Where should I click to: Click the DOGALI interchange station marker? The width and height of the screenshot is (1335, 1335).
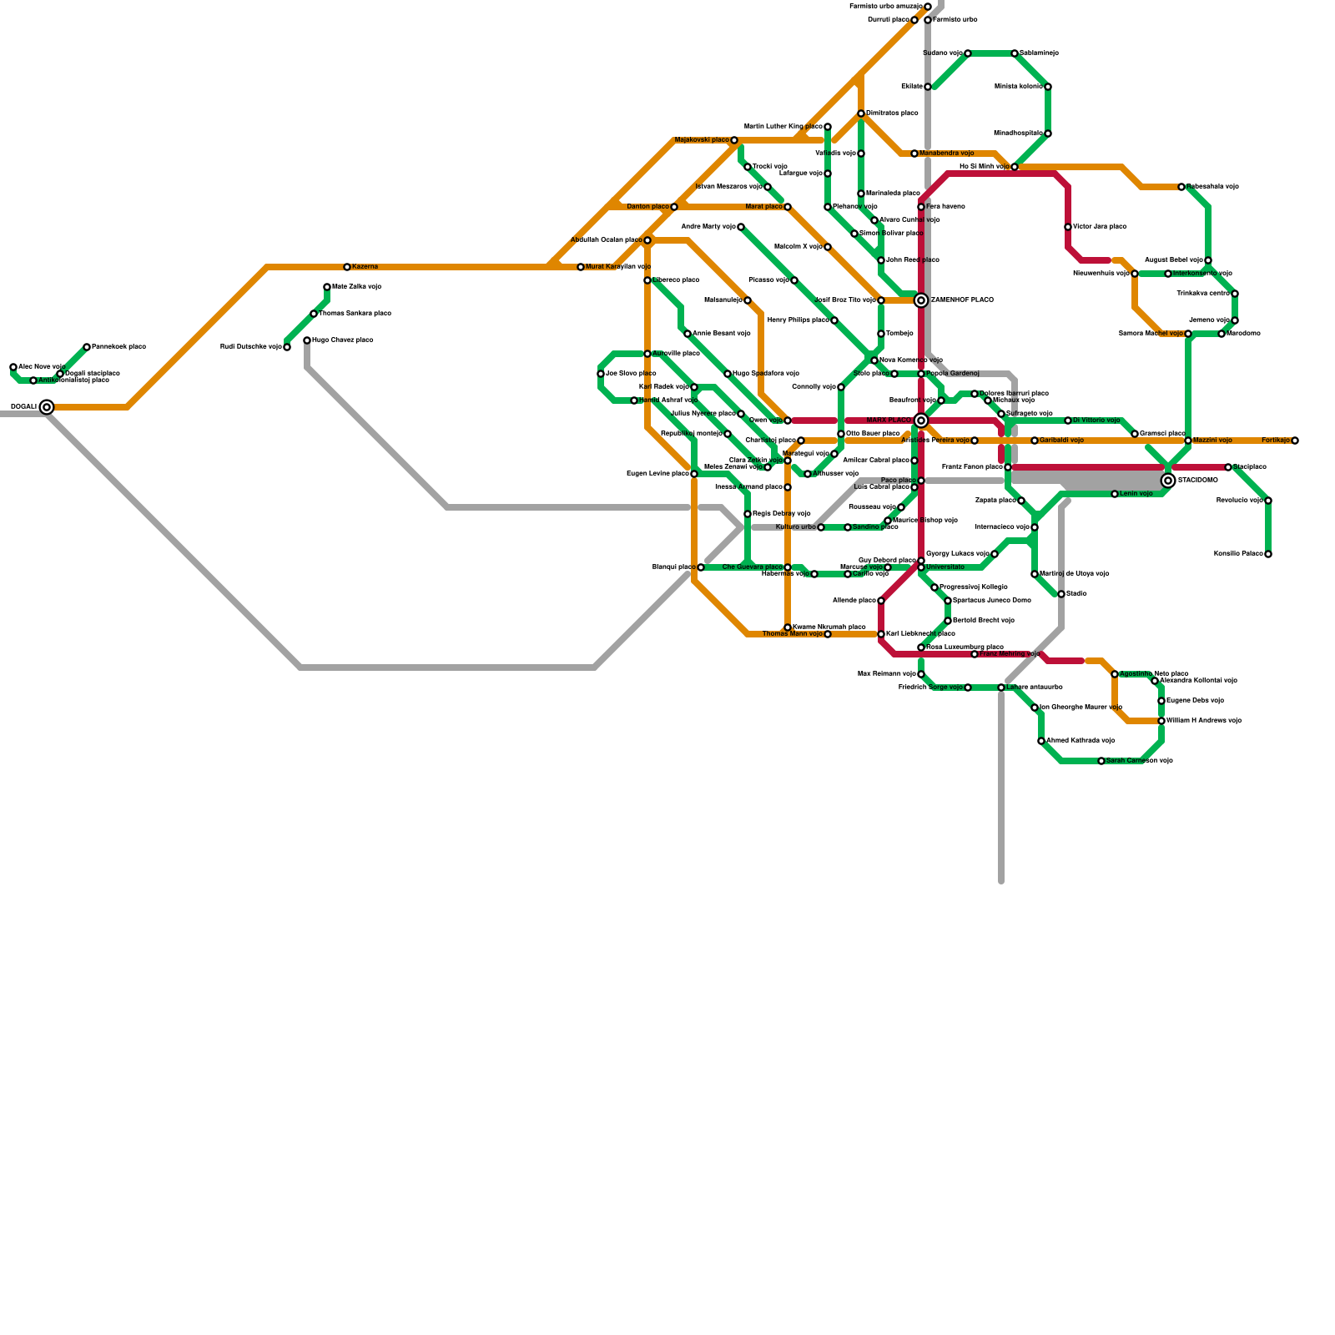tap(47, 407)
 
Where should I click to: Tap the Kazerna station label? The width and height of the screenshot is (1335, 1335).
tap(365, 267)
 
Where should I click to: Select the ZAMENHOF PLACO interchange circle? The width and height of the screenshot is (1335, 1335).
tap(921, 300)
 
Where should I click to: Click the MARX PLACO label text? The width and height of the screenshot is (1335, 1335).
tap(889, 421)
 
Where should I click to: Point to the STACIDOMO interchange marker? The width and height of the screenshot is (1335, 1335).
tap(1168, 481)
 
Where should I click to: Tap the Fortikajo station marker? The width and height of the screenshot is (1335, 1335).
tap(1295, 441)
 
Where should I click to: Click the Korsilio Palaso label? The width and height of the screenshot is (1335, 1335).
tap(1238, 554)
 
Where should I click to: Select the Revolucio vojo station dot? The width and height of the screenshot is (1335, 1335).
tap(1268, 501)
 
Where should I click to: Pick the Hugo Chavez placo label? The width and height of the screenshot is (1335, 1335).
tap(342, 340)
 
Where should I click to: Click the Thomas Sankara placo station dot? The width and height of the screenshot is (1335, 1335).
tap(314, 314)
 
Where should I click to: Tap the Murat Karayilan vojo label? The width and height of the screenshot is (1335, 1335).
tap(617, 267)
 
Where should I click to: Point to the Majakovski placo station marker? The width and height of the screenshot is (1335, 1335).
tap(734, 140)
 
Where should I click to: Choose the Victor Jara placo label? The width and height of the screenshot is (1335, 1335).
tap(1100, 227)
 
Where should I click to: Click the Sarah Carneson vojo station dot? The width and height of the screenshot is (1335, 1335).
tap(1101, 761)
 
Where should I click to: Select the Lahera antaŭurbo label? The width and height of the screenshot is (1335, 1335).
tap(1035, 688)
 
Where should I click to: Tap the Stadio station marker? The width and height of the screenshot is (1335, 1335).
tap(1061, 594)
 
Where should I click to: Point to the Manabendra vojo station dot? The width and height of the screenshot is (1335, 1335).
tap(914, 154)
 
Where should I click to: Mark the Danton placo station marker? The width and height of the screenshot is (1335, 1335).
tap(674, 207)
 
